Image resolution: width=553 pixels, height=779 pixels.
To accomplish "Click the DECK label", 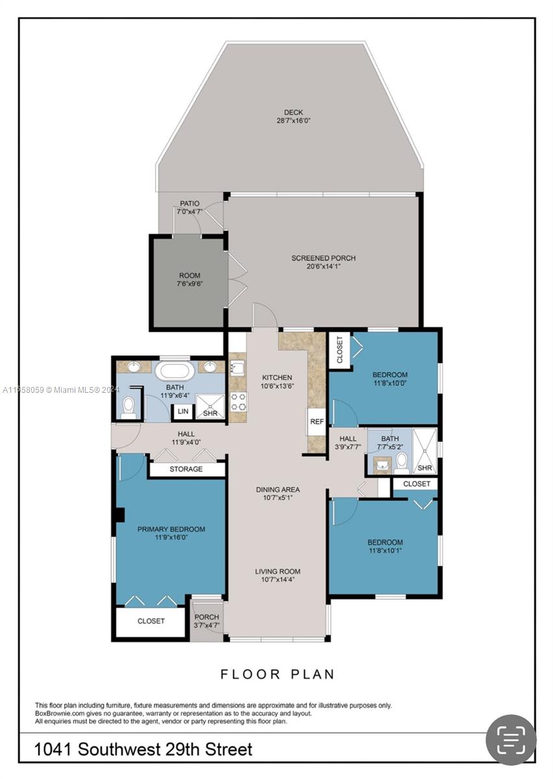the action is (293, 112).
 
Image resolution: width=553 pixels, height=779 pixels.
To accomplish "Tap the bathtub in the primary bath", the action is (175, 370).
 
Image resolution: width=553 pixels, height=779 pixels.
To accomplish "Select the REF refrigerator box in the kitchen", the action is (317, 421).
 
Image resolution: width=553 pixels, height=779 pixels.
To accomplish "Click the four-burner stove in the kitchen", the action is (238, 402).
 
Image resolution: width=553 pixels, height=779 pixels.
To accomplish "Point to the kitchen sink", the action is (238, 368).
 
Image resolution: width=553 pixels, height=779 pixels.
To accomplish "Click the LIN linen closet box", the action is (183, 412).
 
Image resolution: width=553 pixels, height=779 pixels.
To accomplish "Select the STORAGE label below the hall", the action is (186, 469).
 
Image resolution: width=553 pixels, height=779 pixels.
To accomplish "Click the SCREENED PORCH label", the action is (323, 258).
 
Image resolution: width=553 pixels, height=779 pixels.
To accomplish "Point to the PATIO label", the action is (190, 203).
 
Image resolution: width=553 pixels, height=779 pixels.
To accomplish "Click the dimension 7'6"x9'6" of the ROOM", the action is (190, 284).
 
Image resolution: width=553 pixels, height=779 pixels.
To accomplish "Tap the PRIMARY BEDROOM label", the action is (171, 529).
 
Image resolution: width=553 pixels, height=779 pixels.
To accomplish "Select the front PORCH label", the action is (206, 617).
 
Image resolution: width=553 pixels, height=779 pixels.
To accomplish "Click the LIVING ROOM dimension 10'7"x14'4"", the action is (277, 579).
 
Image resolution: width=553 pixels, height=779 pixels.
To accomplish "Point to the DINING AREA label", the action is (278, 489).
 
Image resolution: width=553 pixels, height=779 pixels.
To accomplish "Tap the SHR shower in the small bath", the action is (424, 451).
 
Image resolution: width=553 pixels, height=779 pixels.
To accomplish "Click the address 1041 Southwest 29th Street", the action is (143, 748).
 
